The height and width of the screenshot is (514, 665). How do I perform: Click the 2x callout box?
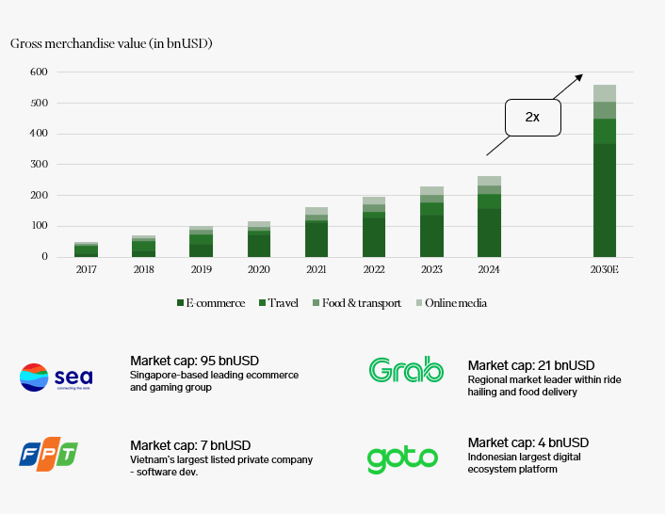click(x=532, y=117)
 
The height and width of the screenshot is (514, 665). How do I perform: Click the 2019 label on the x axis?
click(x=202, y=270)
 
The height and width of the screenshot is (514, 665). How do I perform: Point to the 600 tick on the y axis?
click(x=39, y=72)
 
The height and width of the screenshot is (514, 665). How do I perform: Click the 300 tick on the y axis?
click(x=39, y=165)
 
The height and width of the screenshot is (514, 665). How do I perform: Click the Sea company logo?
click(x=57, y=377)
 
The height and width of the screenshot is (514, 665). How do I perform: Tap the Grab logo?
click(x=406, y=370)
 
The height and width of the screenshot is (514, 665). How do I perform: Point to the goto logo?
click(x=402, y=458)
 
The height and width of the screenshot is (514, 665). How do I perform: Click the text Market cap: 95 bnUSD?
click(x=194, y=361)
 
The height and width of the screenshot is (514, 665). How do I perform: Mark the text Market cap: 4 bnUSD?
click(x=527, y=442)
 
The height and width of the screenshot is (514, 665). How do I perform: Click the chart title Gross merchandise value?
click(x=111, y=44)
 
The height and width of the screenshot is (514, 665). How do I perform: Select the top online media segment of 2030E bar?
click(x=604, y=92)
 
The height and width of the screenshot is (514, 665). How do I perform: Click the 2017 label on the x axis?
click(x=87, y=270)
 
